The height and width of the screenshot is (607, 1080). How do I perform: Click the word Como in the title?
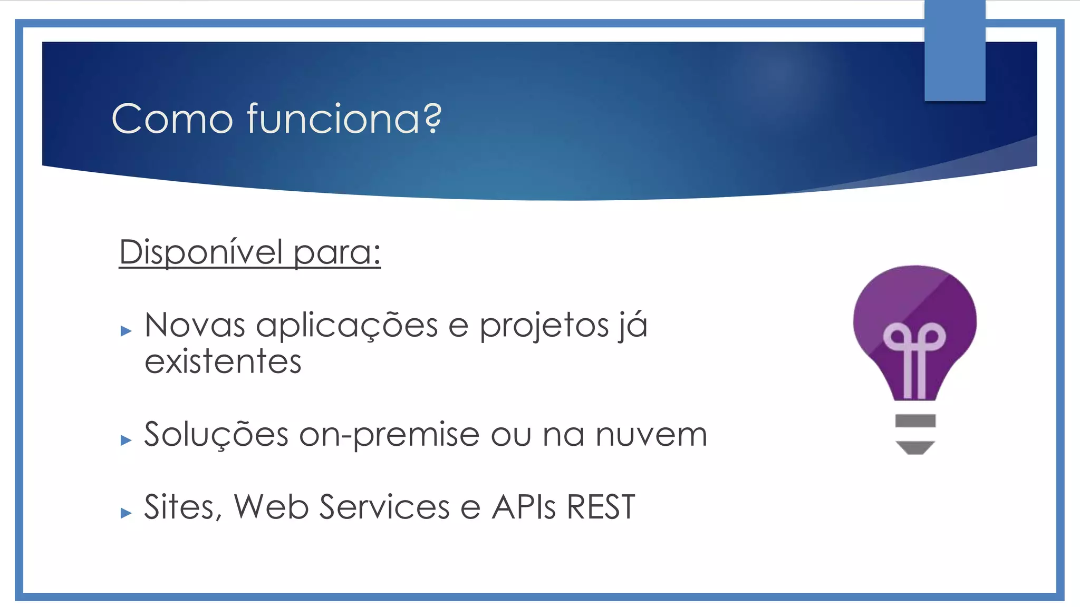coord(172,119)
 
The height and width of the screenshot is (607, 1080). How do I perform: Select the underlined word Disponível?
coord(201,252)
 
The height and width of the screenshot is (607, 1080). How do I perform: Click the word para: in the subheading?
coord(337,253)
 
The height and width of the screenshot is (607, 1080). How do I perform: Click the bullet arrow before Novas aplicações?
coord(126,331)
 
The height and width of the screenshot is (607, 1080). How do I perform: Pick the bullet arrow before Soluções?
coord(126,440)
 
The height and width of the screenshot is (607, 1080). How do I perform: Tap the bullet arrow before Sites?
coord(126,513)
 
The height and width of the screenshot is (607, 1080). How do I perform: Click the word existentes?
coord(223,362)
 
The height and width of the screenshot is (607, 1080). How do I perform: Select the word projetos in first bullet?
coord(544,326)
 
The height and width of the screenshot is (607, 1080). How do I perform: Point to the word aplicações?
coord(346,326)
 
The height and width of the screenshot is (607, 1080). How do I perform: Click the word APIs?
coord(523,507)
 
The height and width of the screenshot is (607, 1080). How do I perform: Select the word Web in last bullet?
coord(271,507)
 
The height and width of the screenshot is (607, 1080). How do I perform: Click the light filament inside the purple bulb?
coord(914,358)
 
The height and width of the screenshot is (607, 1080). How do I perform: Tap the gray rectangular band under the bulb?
coord(915,420)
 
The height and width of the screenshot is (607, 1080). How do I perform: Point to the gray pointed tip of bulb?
coord(915,448)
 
